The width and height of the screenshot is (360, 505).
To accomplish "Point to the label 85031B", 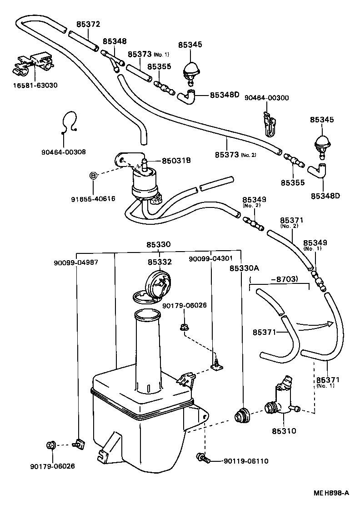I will [x=176, y=160].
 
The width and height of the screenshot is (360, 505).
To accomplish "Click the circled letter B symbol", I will [x=93, y=176].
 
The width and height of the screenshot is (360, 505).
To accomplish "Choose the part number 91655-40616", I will [x=93, y=199].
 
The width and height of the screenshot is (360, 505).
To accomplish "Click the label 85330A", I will [x=244, y=269].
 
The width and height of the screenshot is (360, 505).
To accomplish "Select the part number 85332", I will [x=159, y=262].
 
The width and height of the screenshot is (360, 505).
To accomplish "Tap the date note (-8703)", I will [x=279, y=279].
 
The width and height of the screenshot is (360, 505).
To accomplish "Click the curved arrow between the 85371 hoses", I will [x=313, y=325].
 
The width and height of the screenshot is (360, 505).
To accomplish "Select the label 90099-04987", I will [x=76, y=263].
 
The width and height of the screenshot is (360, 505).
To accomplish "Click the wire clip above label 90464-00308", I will [x=69, y=122].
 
